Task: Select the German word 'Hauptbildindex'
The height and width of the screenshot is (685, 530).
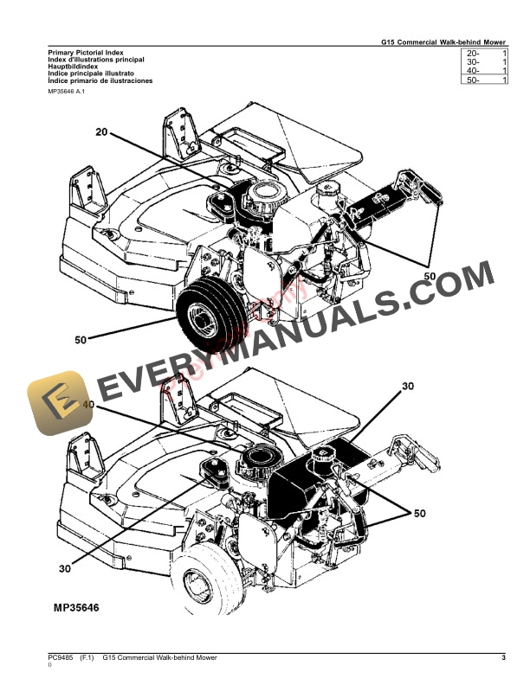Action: [x=74, y=67]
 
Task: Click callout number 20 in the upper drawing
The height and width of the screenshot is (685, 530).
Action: [x=102, y=132]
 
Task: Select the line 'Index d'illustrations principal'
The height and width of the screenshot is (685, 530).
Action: [x=96, y=60]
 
